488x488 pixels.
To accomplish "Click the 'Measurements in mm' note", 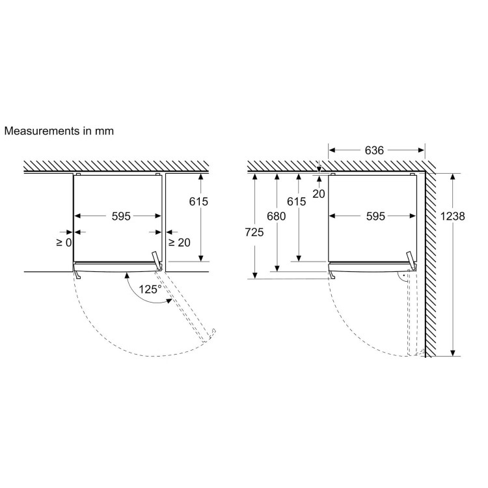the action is coord(59,131).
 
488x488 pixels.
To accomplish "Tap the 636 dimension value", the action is coord(374,151).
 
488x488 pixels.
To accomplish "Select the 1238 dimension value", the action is coord(452,216).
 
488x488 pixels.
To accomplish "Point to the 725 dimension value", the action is coord(254,232).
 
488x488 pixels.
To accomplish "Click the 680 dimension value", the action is coord(277,216).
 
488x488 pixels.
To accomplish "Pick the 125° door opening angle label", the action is coord(150,290).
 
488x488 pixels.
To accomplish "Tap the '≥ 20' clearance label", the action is coord(180,243).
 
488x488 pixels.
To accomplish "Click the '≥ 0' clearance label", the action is coord(64,243).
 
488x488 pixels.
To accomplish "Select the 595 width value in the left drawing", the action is coord(121,216).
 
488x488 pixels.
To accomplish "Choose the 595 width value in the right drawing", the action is coord(375,216).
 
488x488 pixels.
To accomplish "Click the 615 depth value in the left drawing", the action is coord(198,202).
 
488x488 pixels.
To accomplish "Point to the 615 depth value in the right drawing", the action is coord(296,202).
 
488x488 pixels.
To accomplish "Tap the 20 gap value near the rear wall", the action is coord(319,194).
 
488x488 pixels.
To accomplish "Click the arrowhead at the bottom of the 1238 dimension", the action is coord(453,353).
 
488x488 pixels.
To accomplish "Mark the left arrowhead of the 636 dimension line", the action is coord(332,151).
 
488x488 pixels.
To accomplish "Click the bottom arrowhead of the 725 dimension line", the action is coord(255,275).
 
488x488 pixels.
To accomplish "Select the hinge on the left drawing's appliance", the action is coord(157,261).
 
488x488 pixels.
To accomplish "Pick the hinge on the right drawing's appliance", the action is coord(412,261).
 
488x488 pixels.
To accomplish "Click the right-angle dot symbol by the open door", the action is coord(403,275).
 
